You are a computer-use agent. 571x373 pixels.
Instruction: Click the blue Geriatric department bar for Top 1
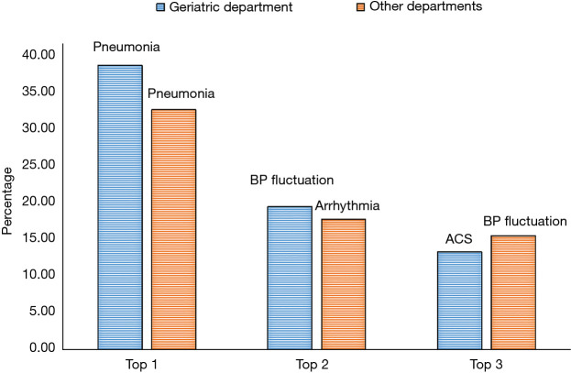click(x=120, y=207)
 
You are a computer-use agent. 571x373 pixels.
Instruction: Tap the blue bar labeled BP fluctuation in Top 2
click(x=290, y=278)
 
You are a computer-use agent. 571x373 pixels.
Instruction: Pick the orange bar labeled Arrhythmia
click(x=343, y=284)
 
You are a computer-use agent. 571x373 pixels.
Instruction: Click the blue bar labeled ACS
click(x=459, y=301)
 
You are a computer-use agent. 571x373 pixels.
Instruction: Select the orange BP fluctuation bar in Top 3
click(x=513, y=292)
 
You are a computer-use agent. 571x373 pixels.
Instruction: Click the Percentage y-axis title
click(x=8, y=202)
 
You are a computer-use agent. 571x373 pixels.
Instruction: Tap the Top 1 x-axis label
click(x=146, y=364)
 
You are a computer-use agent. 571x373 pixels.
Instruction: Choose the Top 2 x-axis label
click(x=316, y=364)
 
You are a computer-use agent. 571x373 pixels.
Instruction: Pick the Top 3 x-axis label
click(x=486, y=364)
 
